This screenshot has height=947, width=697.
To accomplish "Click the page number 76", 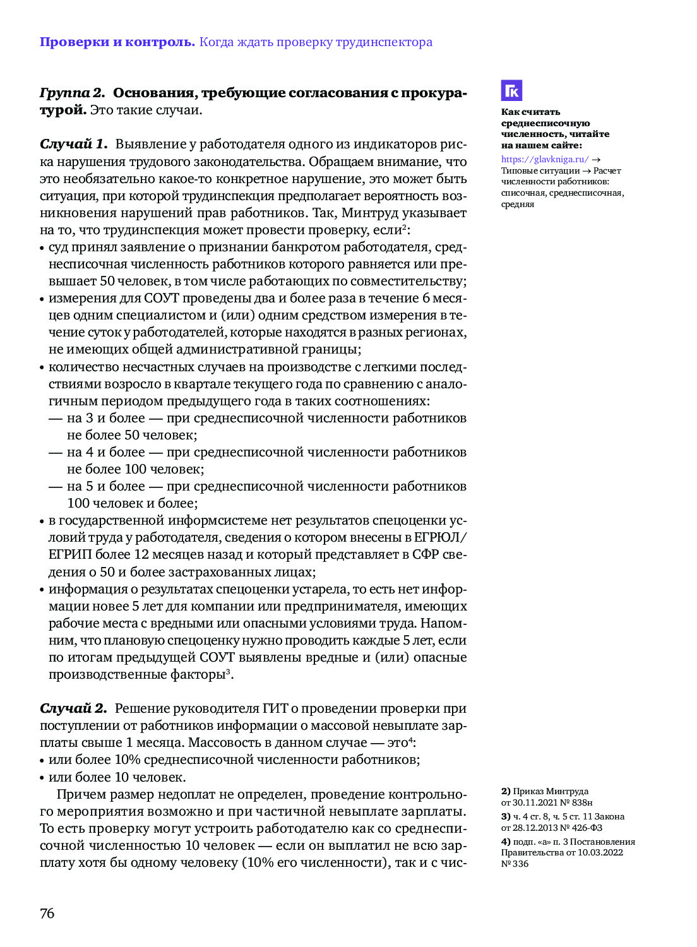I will click(x=47, y=913).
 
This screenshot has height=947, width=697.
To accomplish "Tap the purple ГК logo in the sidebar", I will click(x=511, y=91).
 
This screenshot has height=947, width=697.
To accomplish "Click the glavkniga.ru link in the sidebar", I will click(x=545, y=160).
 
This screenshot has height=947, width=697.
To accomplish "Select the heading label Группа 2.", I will click(x=72, y=93).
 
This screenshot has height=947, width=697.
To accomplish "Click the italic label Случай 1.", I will click(x=73, y=145).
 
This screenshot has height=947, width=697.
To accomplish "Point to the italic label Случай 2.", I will click(x=73, y=708).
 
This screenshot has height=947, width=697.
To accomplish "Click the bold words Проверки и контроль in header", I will click(x=117, y=42).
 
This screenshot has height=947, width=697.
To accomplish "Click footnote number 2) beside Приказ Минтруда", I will click(x=506, y=791).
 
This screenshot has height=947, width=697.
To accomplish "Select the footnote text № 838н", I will click(x=576, y=802).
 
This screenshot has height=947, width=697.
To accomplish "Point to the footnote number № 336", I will click(x=515, y=864).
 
